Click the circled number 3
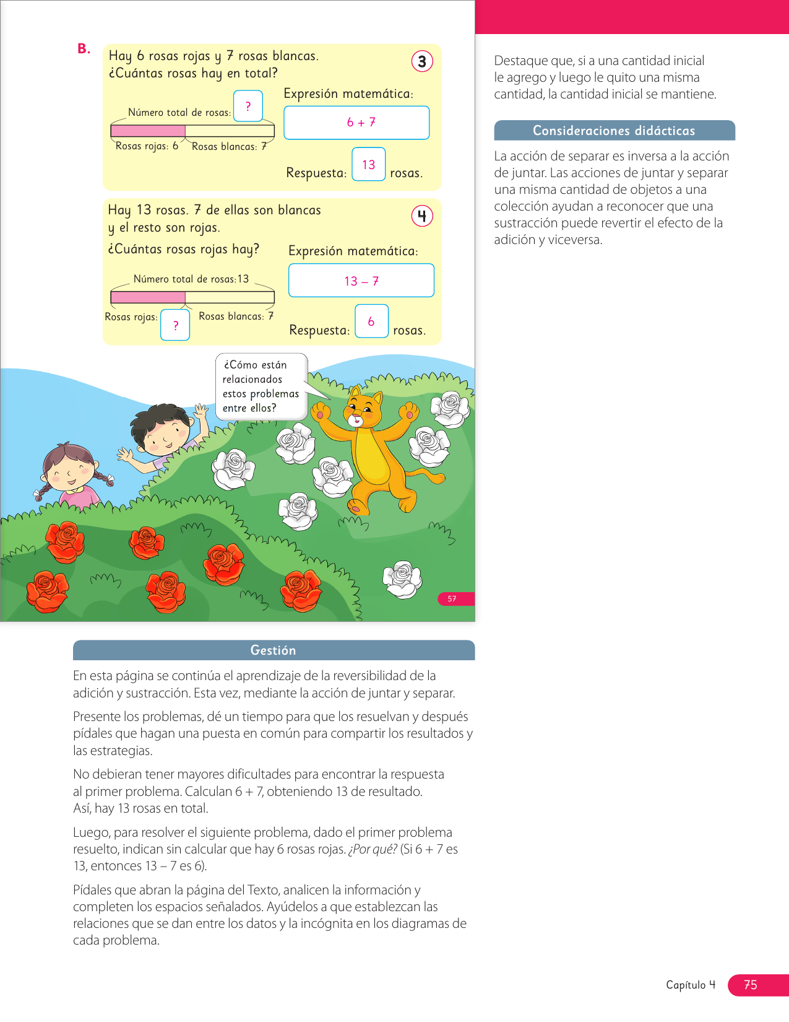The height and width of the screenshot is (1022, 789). (x=422, y=61)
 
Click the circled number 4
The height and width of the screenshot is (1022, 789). (x=422, y=216)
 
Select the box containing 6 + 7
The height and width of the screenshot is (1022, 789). (x=356, y=123)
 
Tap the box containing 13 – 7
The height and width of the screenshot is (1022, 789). (x=361, y=281)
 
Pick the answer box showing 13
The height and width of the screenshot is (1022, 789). (x=369, y=164)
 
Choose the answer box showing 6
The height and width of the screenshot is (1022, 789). (x=371, y=321)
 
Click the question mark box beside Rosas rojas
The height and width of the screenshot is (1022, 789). (x=175, y=325)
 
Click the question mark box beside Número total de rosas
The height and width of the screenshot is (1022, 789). (x=248, y=106)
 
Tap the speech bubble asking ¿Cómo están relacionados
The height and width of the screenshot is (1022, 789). (x=261, y=387)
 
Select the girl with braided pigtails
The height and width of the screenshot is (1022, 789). (x=69, y=474)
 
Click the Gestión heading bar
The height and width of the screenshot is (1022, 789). (x=274, y=650)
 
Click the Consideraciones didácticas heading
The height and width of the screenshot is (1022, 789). (x=614, y=131)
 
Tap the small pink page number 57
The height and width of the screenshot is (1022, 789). (x=452, y=599)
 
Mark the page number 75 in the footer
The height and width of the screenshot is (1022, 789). (x=751, y=985)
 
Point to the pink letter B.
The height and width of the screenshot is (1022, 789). (x=84, y=49)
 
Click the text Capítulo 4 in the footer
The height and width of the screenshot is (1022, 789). (x=691, y=985)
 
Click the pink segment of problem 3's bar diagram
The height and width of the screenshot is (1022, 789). (x=148, y=131)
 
